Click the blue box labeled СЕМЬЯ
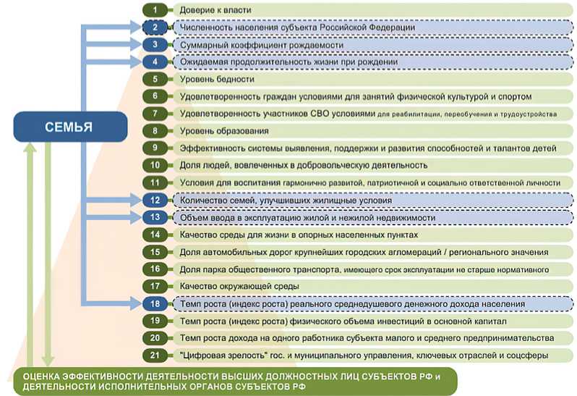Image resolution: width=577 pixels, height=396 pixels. pos(69,127)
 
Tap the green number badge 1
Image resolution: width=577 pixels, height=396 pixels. pos(154,9)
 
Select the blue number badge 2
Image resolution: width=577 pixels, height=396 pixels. pos(154,28)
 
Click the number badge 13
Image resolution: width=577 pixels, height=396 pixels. pos(154,217)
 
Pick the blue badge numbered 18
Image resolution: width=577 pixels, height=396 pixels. pos(154,304)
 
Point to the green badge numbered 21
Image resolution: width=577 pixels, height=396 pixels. pos(154,355)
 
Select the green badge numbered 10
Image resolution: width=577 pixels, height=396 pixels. pos(154,165)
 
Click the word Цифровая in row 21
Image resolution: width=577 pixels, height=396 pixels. pos(205,355)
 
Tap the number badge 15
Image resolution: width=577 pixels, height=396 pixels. pos(154,252)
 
